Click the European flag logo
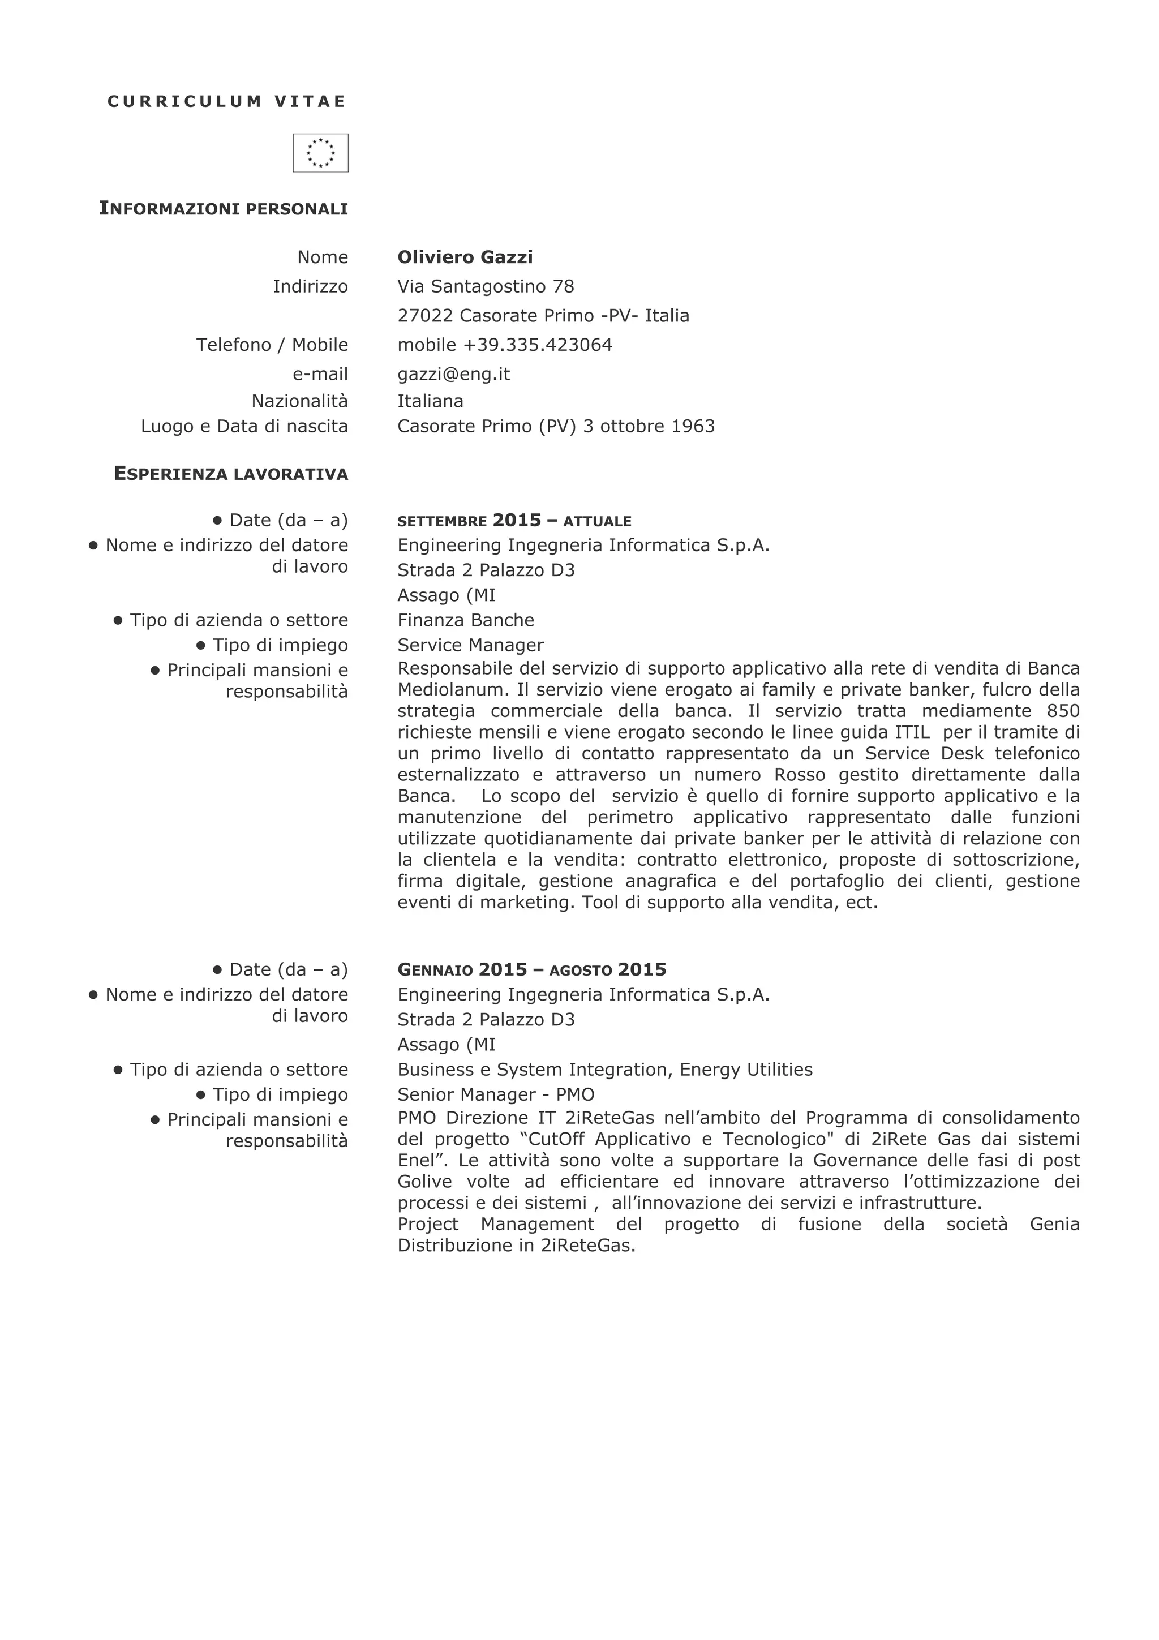coord(321,153)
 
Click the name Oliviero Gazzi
coord(465,257)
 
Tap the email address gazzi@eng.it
coord(453,374)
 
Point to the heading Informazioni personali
coord(224,209)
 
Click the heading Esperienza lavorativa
coord(231,474)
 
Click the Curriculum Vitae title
coord(226,101)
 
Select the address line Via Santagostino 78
coord(486,286)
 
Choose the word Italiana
coord(430,401)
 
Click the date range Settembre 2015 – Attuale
coord(514,521)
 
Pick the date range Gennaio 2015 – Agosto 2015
coord(531,970)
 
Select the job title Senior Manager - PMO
coord(496,1094)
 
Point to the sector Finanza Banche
coord(466,620)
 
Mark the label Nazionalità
coord(299,401)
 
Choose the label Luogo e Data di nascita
coord(244,427)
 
